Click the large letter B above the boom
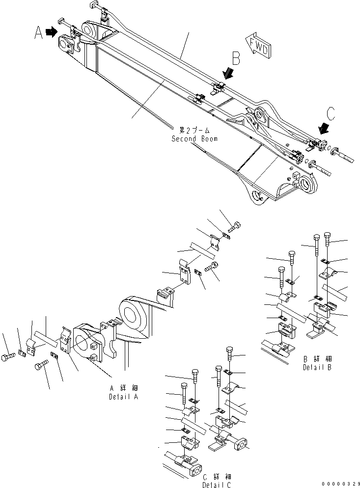tap(236, 59)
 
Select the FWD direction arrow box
tap(258, 47)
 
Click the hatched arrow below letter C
tap(324, 129)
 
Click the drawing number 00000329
tap(339, 484)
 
